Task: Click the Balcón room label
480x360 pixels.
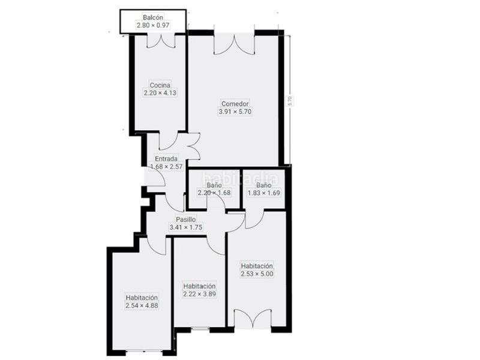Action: [153, 17]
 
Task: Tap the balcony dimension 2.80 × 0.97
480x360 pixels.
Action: [153, 25]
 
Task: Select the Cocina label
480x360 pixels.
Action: [160, 85]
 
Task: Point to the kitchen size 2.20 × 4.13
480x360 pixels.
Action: [160, 93]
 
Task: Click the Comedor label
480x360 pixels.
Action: [234, 103]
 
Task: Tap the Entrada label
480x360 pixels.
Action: [166, 159]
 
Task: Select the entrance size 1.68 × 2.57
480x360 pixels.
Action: [166, 167]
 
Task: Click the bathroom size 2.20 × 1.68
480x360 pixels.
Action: [214, 193]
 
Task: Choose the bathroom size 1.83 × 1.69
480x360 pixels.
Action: [264, 193]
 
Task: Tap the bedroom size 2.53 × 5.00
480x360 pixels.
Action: [257, 274]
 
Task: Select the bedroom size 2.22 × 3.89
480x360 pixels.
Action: [200, 294]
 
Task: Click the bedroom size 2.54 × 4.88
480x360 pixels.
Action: [142, 305]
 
